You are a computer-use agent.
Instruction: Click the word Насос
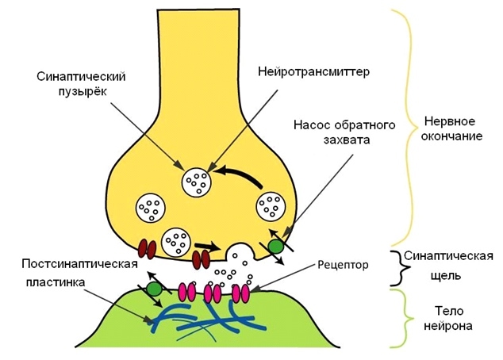click(x=313, y=125)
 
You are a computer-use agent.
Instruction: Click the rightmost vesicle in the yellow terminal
click(x=270, y=208)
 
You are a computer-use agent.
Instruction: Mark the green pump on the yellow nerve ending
click(x=275, y=247)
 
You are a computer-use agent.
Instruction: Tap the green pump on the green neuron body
click(x=153, y=291)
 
